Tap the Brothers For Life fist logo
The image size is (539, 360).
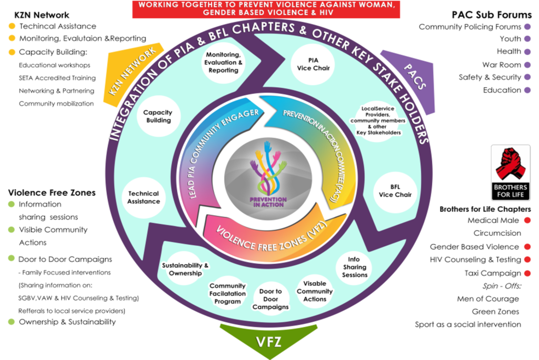pos(510,171)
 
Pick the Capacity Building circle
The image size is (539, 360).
pos(158,116)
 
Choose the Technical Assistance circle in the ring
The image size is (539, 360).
pos(144,197)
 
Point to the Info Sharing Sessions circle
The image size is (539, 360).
pos(354,267)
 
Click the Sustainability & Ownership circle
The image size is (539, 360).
pos(182,269)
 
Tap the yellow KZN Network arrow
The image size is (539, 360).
pos(133,72)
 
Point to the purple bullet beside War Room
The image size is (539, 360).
pos(527,65)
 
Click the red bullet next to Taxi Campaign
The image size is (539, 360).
pos(527,273)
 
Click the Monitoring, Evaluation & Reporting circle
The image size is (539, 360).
pos(224,63)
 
